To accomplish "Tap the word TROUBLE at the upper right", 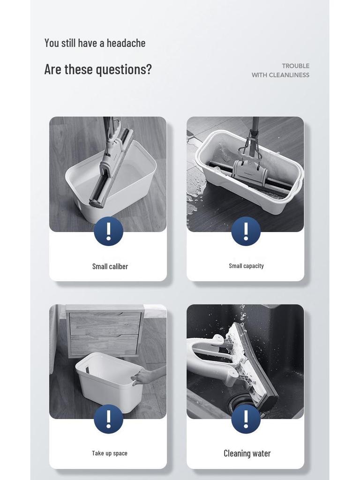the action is pos(296,66).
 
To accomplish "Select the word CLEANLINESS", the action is pos(289,75).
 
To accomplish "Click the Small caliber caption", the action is pos(110,267).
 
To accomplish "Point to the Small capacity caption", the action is pos(246,266).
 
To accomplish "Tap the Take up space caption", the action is pos(110,453).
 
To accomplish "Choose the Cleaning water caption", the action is pos(247,453).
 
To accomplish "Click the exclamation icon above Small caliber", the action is pos(108,231).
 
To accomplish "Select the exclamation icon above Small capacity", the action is pos(246,231).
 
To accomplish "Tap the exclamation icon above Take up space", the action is pos(108,419).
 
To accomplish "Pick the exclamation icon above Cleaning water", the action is pos(246,419).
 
